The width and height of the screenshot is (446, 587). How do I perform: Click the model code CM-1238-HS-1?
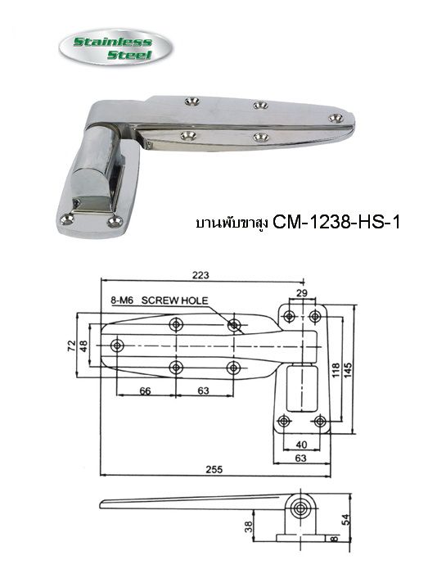tap(336, 221)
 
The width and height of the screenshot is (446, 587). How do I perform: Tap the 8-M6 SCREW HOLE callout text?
tap(159, 301)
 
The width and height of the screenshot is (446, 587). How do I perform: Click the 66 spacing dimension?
tap(144, 392)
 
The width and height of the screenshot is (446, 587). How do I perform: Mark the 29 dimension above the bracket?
tap(302, 294)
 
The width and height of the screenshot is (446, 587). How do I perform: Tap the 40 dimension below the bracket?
tap(301, 445)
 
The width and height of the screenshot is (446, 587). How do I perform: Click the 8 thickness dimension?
tap(333, 540)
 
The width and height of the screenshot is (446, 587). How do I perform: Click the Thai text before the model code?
tap(232, 222)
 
